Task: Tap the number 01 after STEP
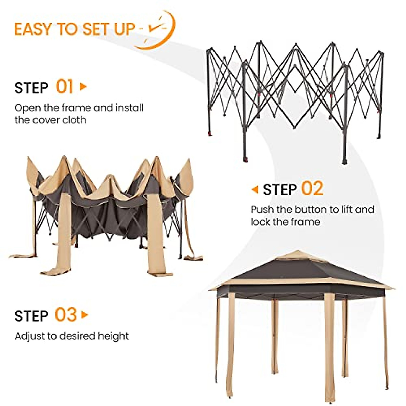pos(64,87)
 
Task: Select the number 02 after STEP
pos(312,189)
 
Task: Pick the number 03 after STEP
pos(66,315)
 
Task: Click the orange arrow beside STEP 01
pos(83,87)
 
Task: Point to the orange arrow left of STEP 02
pos(255,189)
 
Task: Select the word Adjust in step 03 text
pos(30,336)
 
